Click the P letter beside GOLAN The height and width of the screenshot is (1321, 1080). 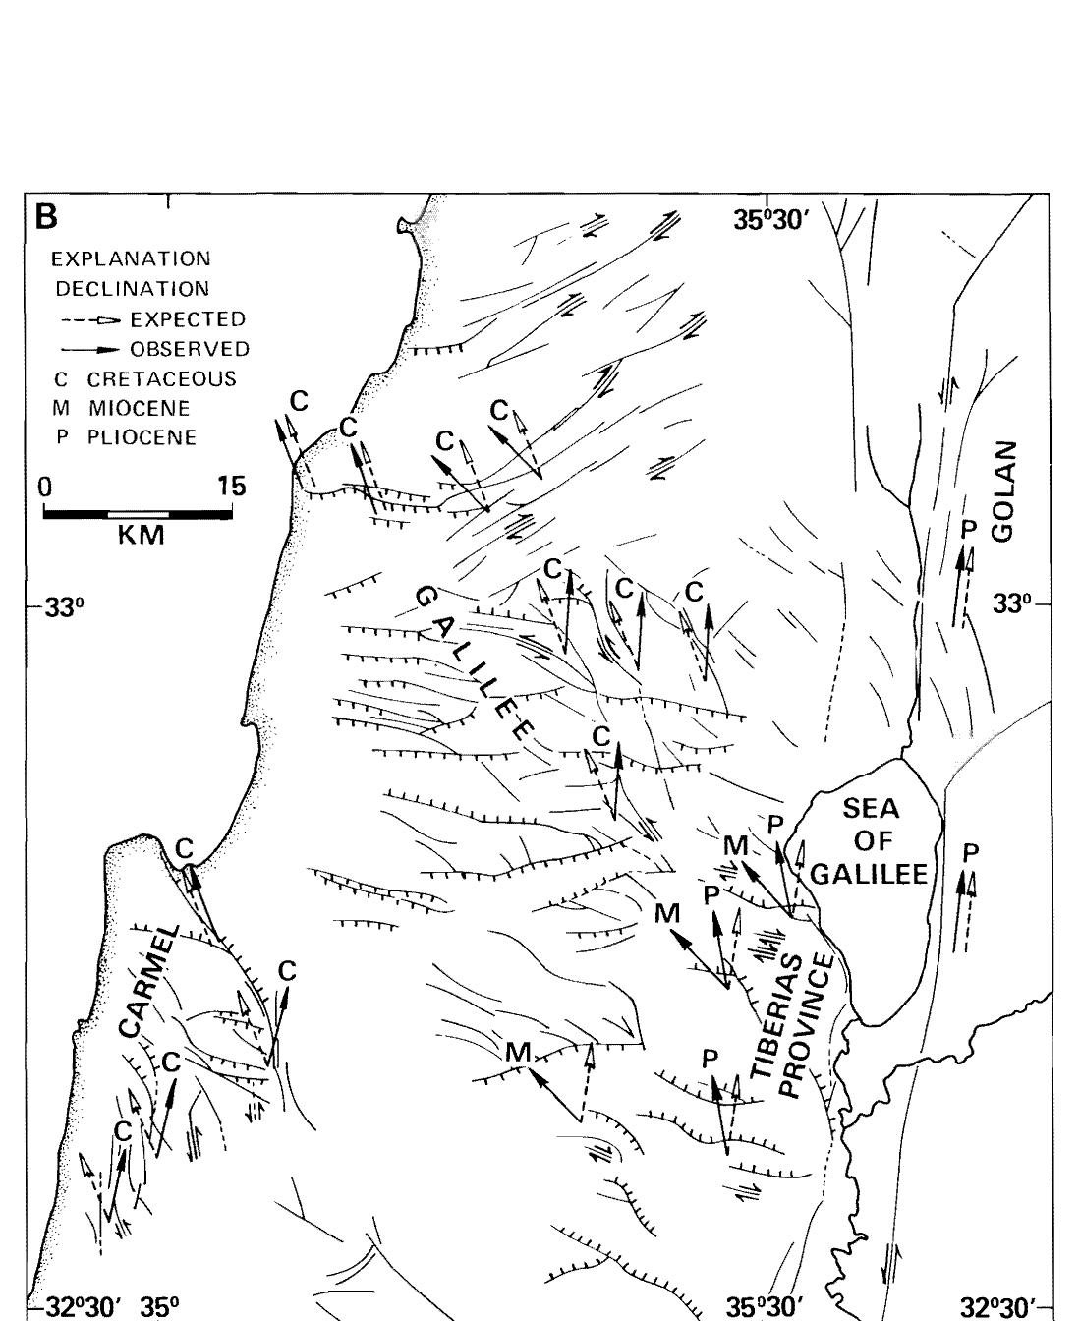[967, 530]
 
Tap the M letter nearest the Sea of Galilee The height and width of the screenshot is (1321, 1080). [735, 844]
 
